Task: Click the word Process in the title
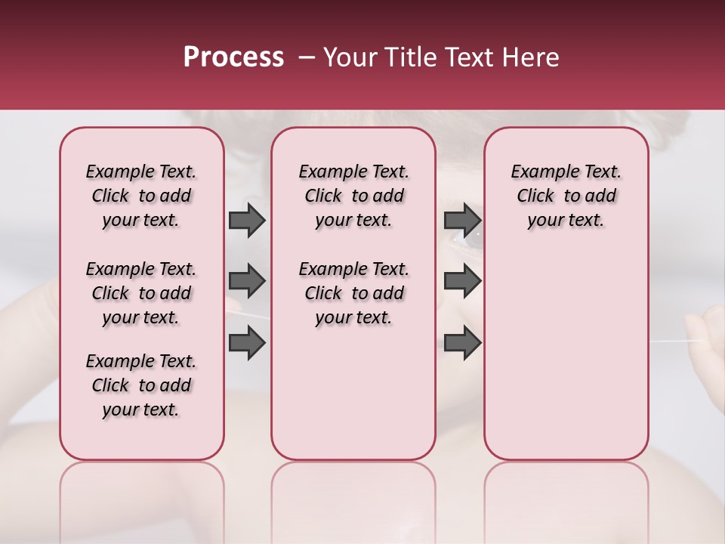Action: (233, 57)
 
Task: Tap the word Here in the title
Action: (530, 57)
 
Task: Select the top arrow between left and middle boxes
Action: (247, 221)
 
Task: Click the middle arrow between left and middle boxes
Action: (247, 282)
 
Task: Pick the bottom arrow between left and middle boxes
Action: (247, 342)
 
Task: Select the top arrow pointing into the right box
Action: (462, 221)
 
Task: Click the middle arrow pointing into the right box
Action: (462, 282)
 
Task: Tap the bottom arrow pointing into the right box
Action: (462, 342)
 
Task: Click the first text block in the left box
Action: (141, 196)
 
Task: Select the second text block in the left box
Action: (141, 293)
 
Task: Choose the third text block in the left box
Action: (141, 385)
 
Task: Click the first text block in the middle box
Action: (353, 196)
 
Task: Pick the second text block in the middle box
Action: (353, 293)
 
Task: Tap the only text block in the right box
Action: (566, 196)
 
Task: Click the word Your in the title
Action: (348, 57)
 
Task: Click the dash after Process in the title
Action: (306, 57)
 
